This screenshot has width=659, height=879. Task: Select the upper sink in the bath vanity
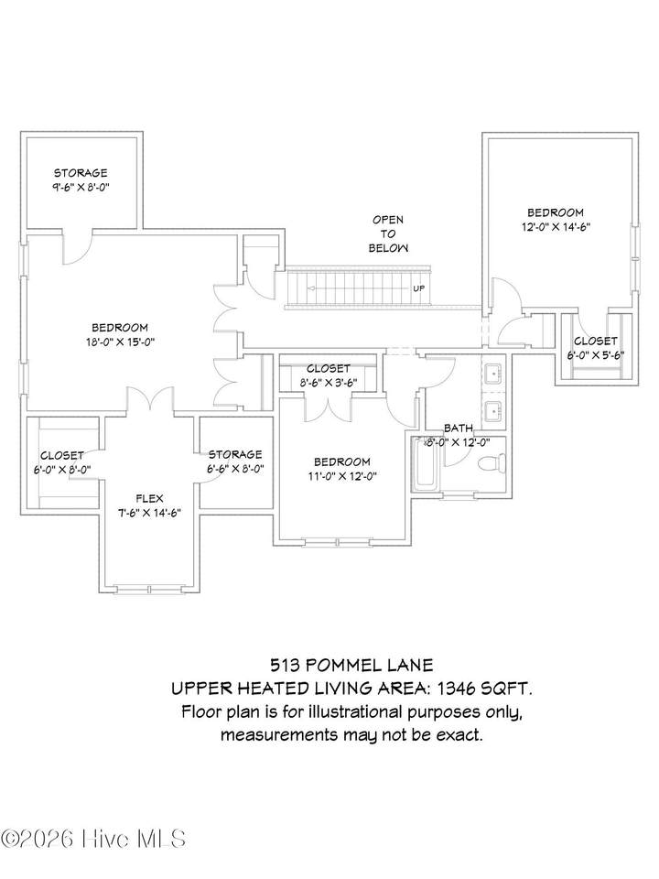coord(494,373)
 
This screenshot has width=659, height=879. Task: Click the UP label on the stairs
coord(418,288)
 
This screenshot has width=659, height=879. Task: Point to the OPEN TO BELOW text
coord(388,233)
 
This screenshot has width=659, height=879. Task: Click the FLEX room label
coord(149,498)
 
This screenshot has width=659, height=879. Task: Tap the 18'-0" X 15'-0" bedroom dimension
coord(120,342)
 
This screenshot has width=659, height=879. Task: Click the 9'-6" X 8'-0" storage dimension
coord(81,187)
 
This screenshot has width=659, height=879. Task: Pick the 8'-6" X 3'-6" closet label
coord(329,383)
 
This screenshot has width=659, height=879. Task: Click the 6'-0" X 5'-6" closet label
coord(595,355)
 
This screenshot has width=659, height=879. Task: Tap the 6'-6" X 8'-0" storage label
coord(235,468)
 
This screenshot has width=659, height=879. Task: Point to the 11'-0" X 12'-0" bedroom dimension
coord(341,476)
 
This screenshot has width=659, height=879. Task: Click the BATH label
coord(459,429)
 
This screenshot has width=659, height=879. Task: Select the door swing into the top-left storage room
coord(77,247)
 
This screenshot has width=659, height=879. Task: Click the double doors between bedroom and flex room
coord(150,401)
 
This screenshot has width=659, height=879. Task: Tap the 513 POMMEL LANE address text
coord(351,665)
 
